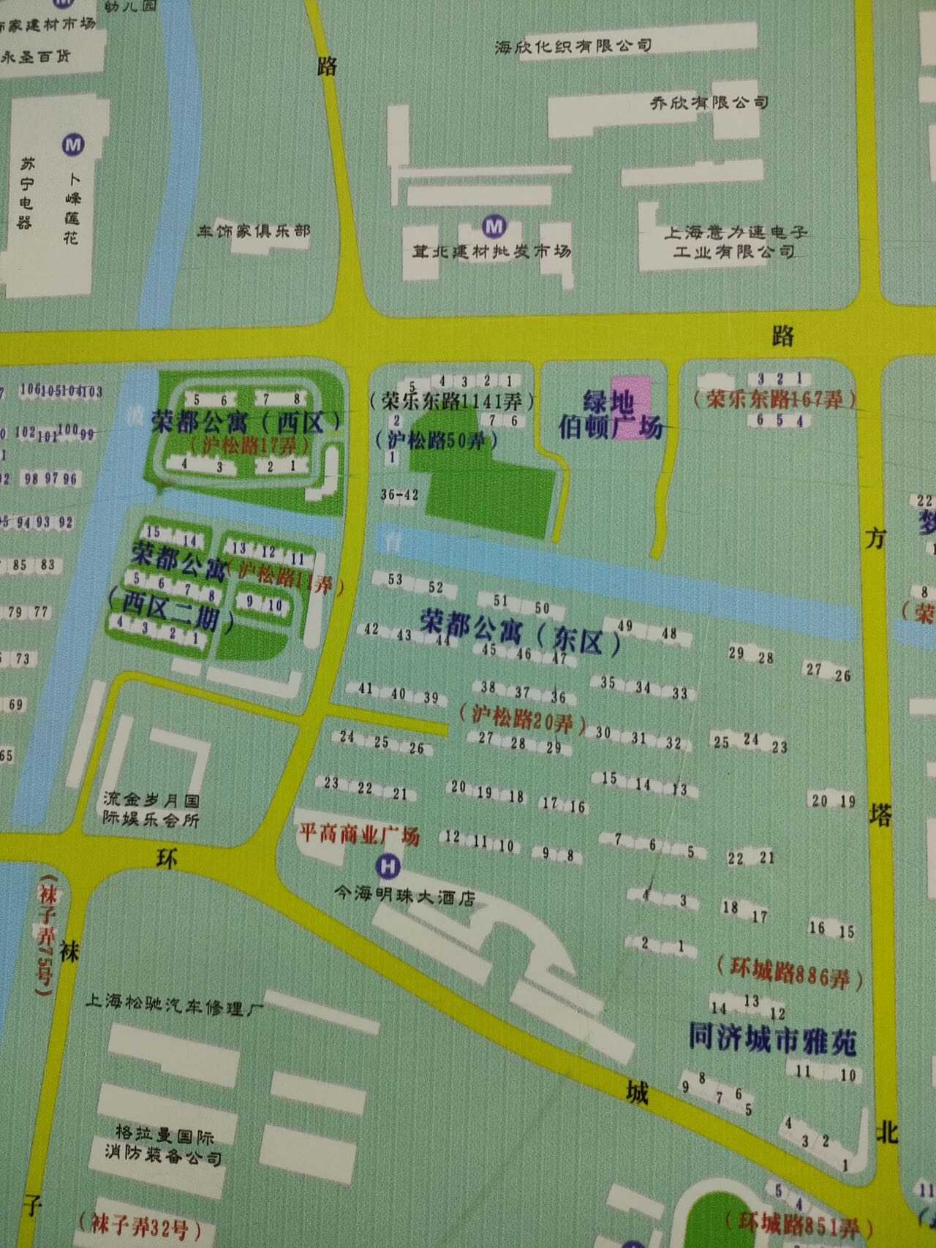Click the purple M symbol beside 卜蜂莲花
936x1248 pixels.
click(x=73, y=144)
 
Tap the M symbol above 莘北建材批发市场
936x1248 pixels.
click(x=495, y=226)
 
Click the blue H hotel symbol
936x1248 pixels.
click(x=388, y=867)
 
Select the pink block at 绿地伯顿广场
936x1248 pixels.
click(x=630, y=406)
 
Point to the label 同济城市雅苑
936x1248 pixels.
click(x=772, y=1039)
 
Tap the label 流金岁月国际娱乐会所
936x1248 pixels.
click(x=151, y=809)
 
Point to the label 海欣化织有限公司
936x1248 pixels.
click(x=573, y=47)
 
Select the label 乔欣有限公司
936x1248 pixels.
click(x=709, y=102)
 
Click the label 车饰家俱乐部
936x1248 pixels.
click(x=253, y=231)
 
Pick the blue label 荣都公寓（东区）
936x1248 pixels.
click(x=521, y=633)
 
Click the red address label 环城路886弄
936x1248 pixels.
click(x=790, y=972)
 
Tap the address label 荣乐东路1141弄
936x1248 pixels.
click(x=452, y=401)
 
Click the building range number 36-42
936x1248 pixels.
click(x=399, y=495)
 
